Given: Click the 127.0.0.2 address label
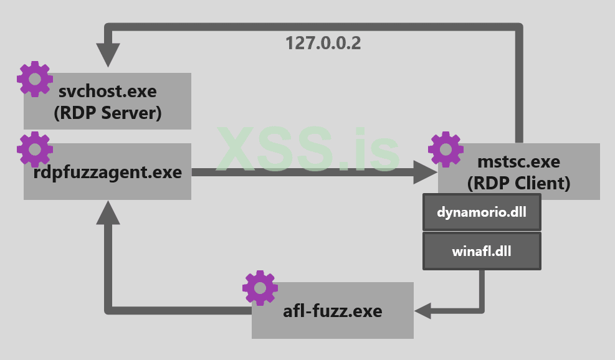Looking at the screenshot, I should pos(323,43).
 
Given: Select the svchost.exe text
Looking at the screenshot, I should pos(107,92).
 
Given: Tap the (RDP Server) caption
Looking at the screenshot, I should pos(107,114).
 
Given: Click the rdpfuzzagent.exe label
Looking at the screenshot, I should pos(107,172).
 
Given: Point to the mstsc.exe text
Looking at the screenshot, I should pos(518,163).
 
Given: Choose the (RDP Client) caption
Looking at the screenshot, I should pos(518,184).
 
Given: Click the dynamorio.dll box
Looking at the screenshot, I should pos(482,212).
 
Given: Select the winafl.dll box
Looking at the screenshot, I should pos(482,252).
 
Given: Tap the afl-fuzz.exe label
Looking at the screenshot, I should pos(332,310).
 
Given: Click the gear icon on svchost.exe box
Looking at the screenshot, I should pos(34,78).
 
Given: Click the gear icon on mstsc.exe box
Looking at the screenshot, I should pos(446,149).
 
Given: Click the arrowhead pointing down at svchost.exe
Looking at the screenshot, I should pos(108,56).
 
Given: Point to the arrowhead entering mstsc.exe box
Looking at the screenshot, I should pos(425,172).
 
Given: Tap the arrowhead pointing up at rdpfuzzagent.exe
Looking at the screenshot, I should pos(108,212).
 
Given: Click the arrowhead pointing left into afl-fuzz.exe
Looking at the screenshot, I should pos(424,310).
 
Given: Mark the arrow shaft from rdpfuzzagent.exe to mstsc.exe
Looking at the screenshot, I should pos(299,172).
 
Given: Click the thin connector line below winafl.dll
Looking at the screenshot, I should pos(482,290).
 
